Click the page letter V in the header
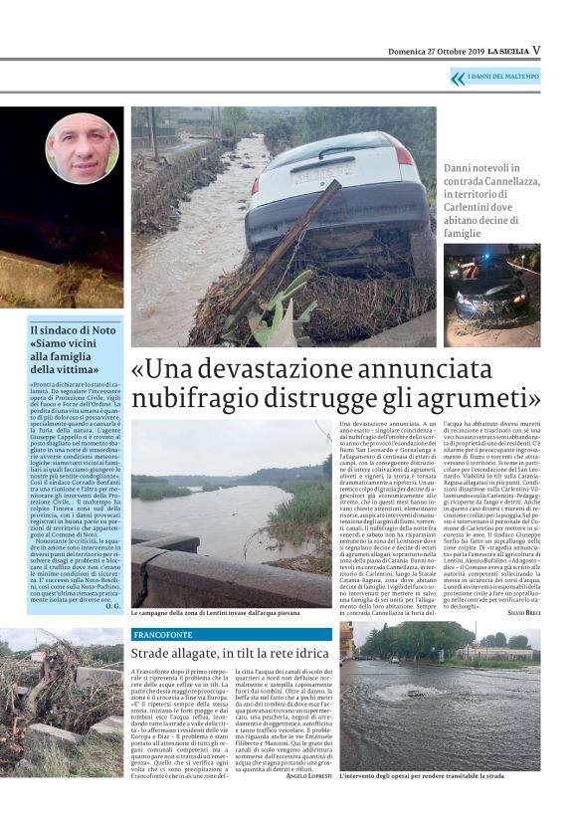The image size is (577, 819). (x=536, y=49)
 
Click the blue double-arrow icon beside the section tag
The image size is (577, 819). (x=459, y=79)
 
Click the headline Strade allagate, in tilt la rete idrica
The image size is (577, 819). (x=232, y=653)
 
